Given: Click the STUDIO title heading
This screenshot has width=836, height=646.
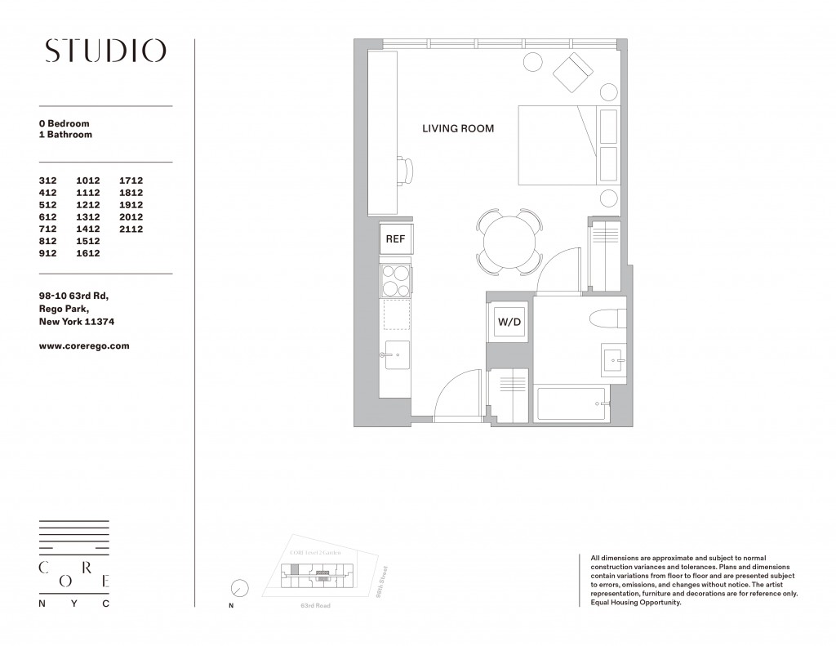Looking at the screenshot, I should coord(104,51).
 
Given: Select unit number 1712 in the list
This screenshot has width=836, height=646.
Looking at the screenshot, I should coord(131,180).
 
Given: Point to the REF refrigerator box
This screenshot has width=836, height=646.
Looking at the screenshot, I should coord(396,240).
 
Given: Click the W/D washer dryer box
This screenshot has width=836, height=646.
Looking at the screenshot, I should coord(509,323).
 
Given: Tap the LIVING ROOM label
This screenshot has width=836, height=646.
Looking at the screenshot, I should coord(457,128).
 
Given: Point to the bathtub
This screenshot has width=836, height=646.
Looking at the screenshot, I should coord(571,403).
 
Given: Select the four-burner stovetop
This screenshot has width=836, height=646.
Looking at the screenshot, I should coord(396,280).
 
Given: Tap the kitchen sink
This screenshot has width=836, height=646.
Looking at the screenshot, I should coord(397,354).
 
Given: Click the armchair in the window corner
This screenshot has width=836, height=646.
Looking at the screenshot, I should coord(575,71).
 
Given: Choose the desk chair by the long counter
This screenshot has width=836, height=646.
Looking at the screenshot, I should coord(408,171).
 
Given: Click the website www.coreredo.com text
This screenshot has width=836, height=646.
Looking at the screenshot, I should coord(84,345).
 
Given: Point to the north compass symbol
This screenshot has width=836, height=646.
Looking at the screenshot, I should coord(239,588).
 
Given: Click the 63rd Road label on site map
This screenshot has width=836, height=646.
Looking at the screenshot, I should coord(314,607).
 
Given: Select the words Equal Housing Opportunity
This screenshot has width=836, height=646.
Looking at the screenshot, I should coord(634,603).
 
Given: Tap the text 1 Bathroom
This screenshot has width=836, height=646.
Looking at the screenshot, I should coord(65,135).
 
